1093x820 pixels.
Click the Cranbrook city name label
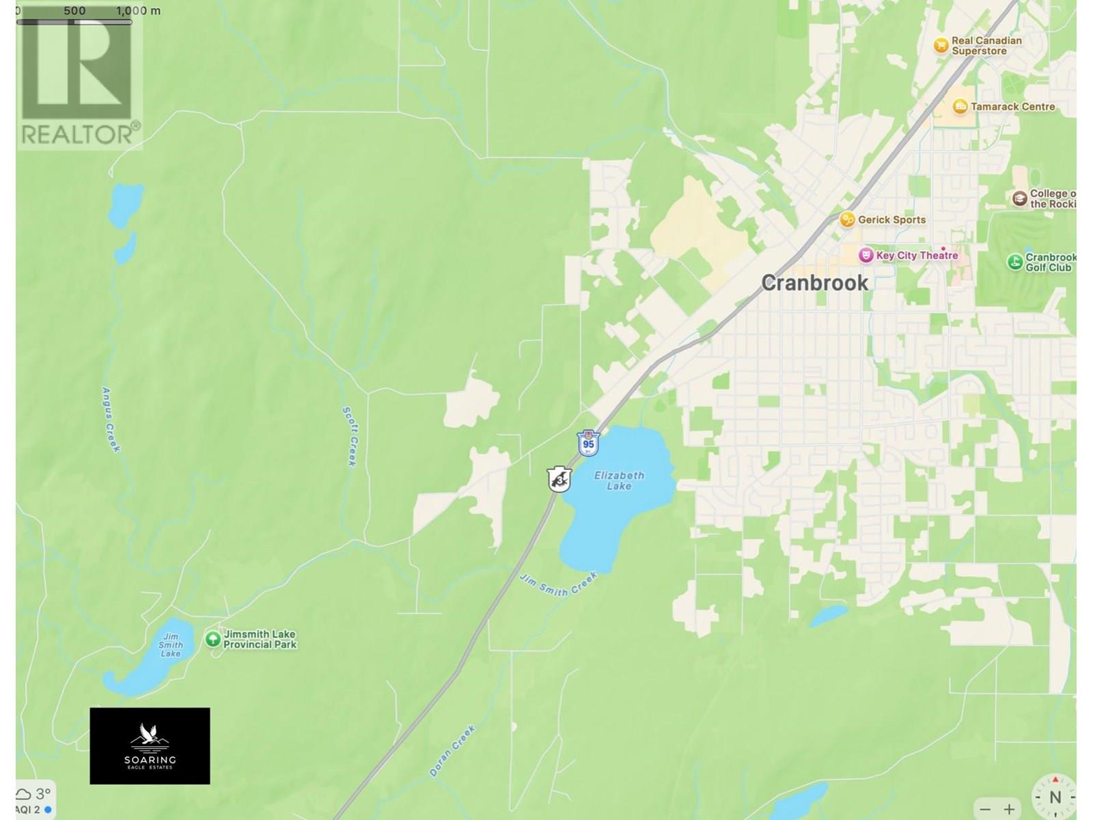coord(814,283)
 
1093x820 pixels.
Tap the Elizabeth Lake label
coord(619,480)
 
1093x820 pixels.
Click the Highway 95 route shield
coord(588,443)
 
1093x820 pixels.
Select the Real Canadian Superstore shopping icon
coord(941,45)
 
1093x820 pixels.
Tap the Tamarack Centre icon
coord(960,107)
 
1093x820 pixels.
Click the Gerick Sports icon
coord(847,219)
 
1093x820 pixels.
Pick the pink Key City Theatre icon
coord(866,256)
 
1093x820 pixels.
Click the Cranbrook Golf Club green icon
coord(1015,262)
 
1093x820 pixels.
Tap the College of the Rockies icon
coord(1019,198)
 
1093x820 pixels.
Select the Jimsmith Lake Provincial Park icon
coord(212,639)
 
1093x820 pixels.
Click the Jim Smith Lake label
coord(171,644)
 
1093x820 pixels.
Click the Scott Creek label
coord(350,436)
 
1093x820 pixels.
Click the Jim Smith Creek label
coord(558,585)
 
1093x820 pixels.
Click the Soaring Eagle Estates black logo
coord(150,746)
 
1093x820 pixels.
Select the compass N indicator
coord(1055,797)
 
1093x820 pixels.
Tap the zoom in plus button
coord(1009,809)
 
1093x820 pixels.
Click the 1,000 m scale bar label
coord(139,11)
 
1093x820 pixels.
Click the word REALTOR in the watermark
coord(77,133)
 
